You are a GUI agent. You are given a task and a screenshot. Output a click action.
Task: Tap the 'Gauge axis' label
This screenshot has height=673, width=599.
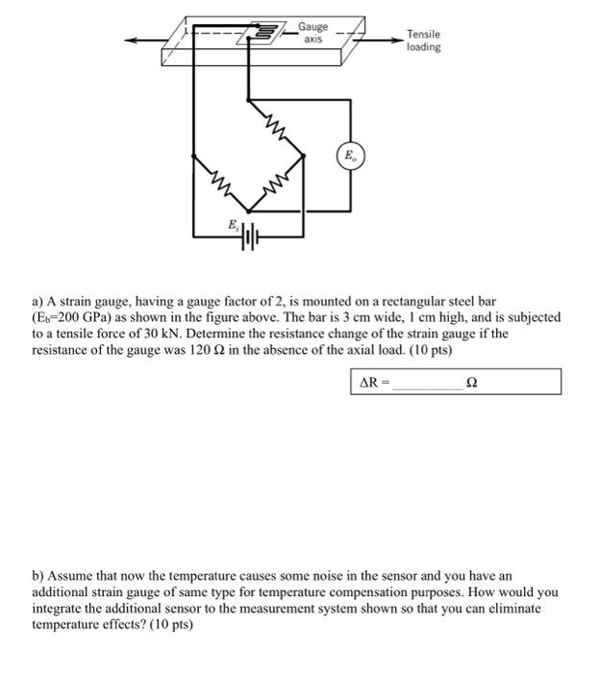(x=312, y=33)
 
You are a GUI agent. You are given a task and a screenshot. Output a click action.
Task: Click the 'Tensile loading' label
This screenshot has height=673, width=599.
(x=423, y=40)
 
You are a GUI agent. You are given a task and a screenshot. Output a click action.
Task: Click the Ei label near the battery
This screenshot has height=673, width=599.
(x=231, y=223)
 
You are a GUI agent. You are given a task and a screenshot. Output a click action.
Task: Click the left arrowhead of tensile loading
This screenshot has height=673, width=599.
(x=130, y=40)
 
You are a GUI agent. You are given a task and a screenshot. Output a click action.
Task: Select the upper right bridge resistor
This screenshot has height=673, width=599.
(x=276, y=125)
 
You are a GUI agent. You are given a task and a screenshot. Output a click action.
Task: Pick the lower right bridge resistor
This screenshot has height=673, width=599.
(x=277, y=181)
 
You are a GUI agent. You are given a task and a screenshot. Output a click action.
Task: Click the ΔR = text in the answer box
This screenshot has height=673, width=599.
(x=374, y=382)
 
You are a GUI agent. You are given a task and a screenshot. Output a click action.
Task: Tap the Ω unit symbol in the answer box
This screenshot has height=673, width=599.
(x=470, y=382)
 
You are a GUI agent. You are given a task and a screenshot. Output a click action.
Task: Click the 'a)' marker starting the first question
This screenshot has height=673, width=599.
(x=38, y=301)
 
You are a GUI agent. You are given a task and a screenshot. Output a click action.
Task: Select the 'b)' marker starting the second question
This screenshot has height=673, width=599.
(x=38, y=575)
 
